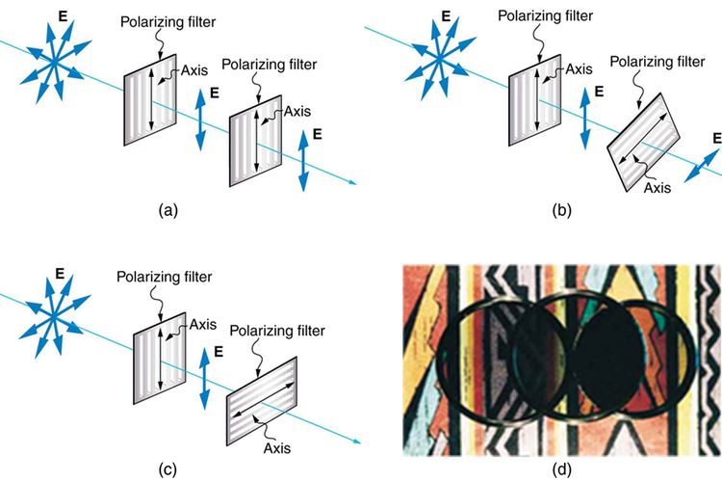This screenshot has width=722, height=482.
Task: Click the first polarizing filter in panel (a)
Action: (149, 100)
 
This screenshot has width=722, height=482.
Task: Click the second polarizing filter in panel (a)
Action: (255, 140)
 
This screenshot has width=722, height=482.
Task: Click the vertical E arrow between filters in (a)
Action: (200, 121)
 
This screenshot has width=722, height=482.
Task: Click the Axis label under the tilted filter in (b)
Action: (657, 188)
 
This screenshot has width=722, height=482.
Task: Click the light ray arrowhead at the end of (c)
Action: (357, 443)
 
